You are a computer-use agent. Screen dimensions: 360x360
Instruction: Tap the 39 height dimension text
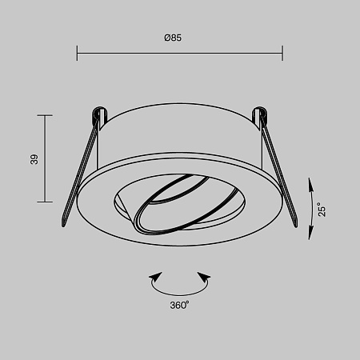pyautogui.click(x=34, y=158)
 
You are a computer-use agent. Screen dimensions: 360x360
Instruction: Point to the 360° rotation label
pyautogui.click(x=179, y=305)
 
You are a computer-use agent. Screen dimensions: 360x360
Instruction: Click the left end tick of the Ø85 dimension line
pyautogui.click(x=77, y=54)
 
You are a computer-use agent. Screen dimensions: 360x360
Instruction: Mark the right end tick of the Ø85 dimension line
pyautogui.click(x=282, y=54)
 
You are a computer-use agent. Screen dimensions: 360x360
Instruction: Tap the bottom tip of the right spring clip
pyautogui.click(x=294, y=225)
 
